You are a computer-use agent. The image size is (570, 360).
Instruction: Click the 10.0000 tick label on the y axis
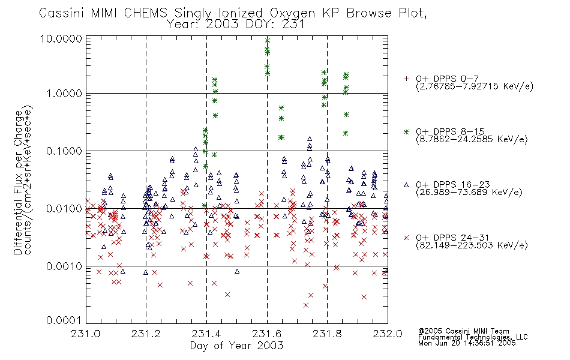(61, 38)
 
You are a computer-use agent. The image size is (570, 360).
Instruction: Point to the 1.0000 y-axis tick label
(64, 94)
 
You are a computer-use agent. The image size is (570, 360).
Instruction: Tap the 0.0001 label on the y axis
(64, 320)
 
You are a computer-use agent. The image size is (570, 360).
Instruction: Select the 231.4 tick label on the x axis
(206, 334)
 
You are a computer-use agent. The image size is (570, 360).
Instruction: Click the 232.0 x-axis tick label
(388, 334)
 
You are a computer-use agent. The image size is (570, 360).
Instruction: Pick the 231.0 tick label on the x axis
(85, 334)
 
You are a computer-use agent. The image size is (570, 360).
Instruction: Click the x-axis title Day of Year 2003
(236, 346)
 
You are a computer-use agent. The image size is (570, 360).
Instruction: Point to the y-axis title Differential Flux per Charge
(18, 182)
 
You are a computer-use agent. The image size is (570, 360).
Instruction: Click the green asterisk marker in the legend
(406, 131)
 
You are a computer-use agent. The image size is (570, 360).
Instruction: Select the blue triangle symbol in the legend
(406, 185)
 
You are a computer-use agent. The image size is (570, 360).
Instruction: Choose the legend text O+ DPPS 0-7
(447, 79)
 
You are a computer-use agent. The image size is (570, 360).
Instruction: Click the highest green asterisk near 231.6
(268, 41)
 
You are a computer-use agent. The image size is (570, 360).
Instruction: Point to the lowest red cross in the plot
(306, 305)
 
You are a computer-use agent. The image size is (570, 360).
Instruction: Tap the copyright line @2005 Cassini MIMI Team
(464, 331)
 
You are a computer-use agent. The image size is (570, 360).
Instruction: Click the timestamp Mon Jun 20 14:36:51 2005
(467, 343)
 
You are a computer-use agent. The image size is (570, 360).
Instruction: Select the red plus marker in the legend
(406, 79)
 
